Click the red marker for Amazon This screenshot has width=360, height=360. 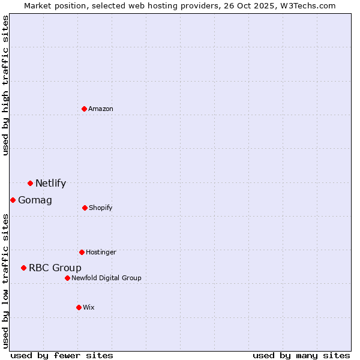pyautogui.click(x=84, y=109)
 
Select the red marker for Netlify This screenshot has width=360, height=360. pyautogui.click(x=30, y=183)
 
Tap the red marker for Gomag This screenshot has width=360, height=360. pyautogui.click(x=13, y=200)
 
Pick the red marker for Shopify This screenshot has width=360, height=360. pyautogui.click(x=85, y=208)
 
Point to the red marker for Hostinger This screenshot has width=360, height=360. pyautogui.click(x=82, y=252)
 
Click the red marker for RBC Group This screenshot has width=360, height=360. pyautogui.click(x=23, y=268)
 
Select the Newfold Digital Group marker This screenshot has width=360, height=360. pyautogui.click(x=67, y=278)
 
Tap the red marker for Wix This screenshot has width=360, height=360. pyautogui.click(x=79, y=307)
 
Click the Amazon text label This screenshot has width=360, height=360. pyautogui.click(x=101, y=109)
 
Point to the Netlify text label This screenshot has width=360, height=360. pyautogui.click(x=50, y=184)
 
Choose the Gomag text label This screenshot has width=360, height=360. pyautogui.click(x=35, y=200)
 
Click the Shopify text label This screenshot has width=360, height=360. pyautogui.click(x=101, y=208)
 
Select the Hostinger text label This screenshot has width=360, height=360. pyautogui.click(x=101, y=252)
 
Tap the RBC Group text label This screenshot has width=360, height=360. pyautogui.click(x=55, y=268)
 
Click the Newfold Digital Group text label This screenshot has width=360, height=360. pyautogui.click(x=106, y=278)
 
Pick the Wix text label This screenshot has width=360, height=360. pyautogui.click(x=89, y=307)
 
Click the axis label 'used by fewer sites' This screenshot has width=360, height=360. pyautogui.click(x=62, y=355)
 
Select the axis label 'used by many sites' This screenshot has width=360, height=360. pyautogui.click(x=301, y=355)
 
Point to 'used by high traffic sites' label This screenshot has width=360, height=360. pyautogui.click(x=5, y=85)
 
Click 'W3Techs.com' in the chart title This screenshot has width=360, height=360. pyautogui.click(x=305, y=5)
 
